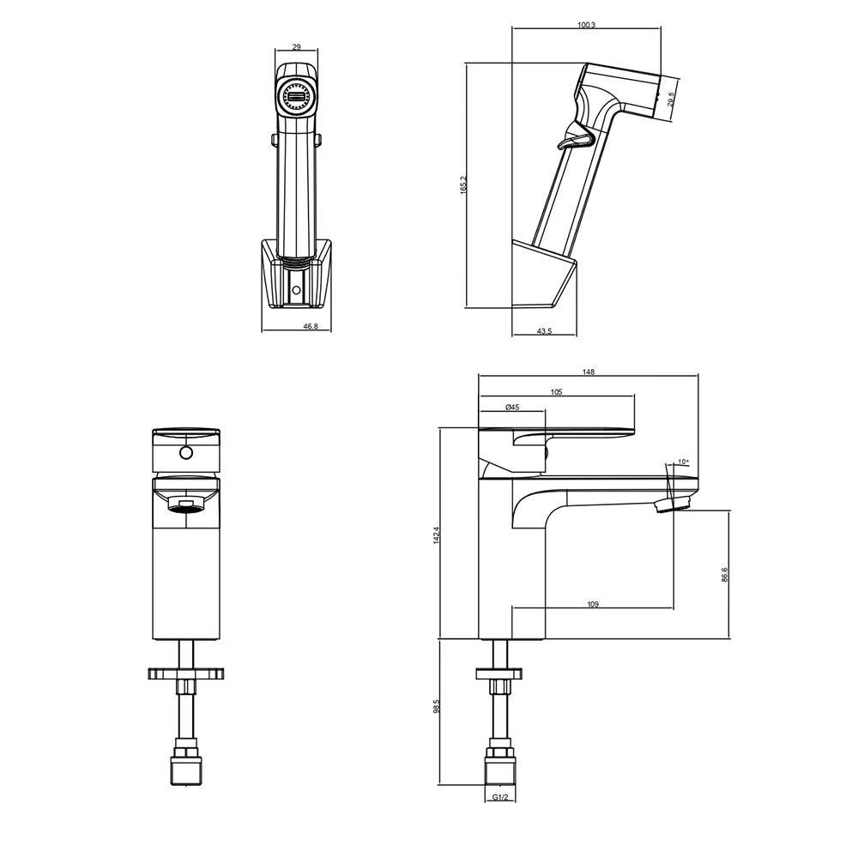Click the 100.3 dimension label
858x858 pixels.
(586, 25)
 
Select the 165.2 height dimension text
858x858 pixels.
(464, 185)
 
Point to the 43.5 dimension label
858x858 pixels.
(545, 331)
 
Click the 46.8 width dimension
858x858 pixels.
(310, 327)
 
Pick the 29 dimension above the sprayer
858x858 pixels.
(296, 47)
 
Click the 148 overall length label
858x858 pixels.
(589, 372)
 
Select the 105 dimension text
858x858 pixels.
(557, 392)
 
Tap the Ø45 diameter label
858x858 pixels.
(512, 407)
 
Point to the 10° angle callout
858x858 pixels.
(684, 462)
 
